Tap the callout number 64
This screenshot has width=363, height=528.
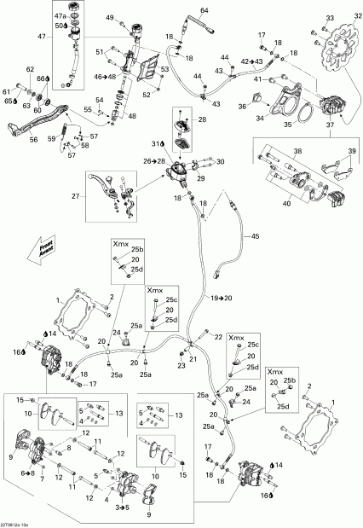click(x=204, y=9)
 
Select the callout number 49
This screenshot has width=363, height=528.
click(x=110, y=18)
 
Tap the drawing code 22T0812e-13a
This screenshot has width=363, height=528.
click(x=19, y=524)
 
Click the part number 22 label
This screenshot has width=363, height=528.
click(x=218, y=337)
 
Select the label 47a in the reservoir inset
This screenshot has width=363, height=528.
click(x=60, y=15)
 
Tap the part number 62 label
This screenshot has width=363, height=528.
click(x=29, y=69)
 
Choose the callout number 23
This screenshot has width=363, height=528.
click(x=180, y=367)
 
